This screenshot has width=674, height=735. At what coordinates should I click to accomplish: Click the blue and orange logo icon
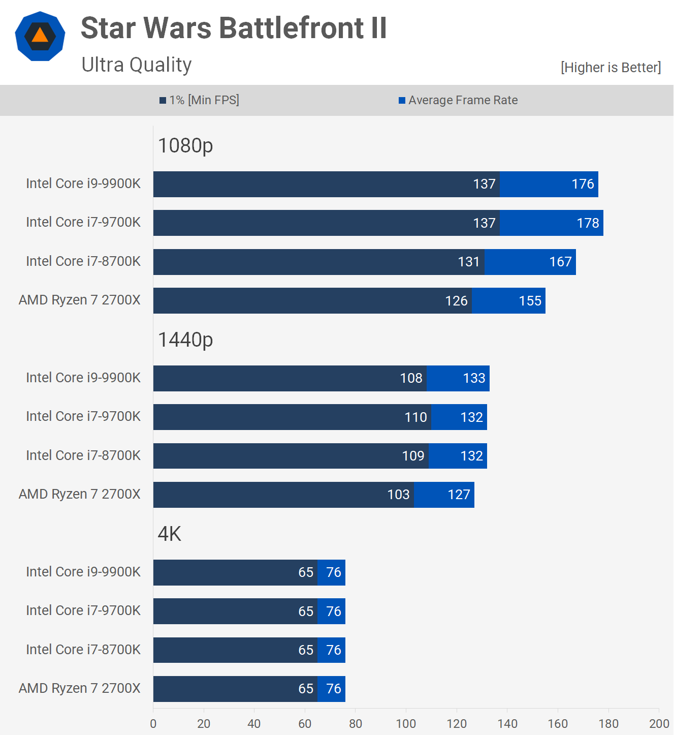(x=40, y=36)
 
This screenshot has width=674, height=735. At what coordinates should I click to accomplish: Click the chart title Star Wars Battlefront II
(x=234, y=28)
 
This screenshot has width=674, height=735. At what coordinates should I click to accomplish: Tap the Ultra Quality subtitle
(x=137, y=65)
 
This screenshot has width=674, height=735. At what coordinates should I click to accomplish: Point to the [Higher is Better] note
(x=611, y=68)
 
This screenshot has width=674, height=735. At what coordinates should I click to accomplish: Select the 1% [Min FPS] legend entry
(x=199, y=100)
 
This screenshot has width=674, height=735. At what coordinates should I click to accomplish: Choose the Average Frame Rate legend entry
(x=458, y=100)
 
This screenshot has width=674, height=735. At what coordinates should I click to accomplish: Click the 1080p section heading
(x=185, y=146)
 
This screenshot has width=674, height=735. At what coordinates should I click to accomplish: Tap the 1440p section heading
(x=185, y=340)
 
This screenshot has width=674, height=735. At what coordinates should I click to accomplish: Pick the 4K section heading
(x=170, y=534)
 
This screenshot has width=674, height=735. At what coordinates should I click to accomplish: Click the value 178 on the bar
(x=588, y=223)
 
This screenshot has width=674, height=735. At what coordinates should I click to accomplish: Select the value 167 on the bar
(x=560, y=262)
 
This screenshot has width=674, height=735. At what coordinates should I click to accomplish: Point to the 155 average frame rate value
(x=530, y=301)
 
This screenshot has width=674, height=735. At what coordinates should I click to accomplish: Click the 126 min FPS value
(x=456, y=301)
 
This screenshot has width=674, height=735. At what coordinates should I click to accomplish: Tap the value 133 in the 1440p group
(x=474, y=378)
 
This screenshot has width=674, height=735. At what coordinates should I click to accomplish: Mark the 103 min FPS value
(x=398, y=495)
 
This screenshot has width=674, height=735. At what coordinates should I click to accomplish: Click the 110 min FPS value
(x=415, y=417)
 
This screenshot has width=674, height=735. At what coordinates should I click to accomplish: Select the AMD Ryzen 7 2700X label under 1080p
(x=80, y=300)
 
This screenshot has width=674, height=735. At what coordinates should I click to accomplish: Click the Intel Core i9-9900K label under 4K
(x=83, y=572)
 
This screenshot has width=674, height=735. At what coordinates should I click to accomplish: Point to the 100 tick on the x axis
(x=406, y=724)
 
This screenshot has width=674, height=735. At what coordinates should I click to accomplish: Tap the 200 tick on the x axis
(x=659, y=724)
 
